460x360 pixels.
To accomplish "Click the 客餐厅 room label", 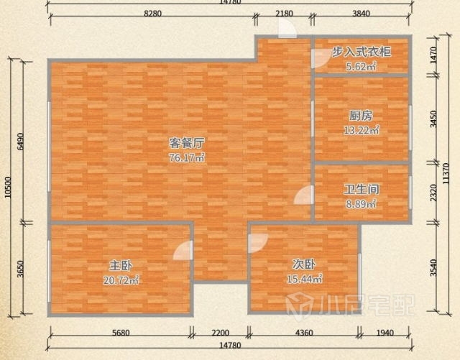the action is click(x=187, y=143).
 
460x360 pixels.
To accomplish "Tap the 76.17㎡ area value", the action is click(x=187, y=158).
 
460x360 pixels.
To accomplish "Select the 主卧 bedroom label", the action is click(x=121, y=266).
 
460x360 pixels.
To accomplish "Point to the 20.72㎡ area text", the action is click(x=121, y=280).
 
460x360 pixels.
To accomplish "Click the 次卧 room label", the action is click(x=304, y=264).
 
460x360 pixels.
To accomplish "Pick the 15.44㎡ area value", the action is click(x=305, y=278).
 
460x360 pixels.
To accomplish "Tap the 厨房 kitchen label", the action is click(x=361, y=116).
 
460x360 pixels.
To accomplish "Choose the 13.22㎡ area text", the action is click(x=361, y=129).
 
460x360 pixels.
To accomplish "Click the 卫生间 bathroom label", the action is click(x=361, y=189).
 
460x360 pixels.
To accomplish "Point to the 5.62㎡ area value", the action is click(x=361, y=66).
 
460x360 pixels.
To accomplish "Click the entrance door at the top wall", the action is click(x=287, y=28).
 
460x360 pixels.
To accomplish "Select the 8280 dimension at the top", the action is click(x=152, y=14).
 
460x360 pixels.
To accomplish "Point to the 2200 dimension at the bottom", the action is click(x=221, y=333).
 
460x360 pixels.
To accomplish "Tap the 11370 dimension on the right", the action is click(x=446, y=173).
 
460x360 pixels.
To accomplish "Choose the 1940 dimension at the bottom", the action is click(x=385, y=333).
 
